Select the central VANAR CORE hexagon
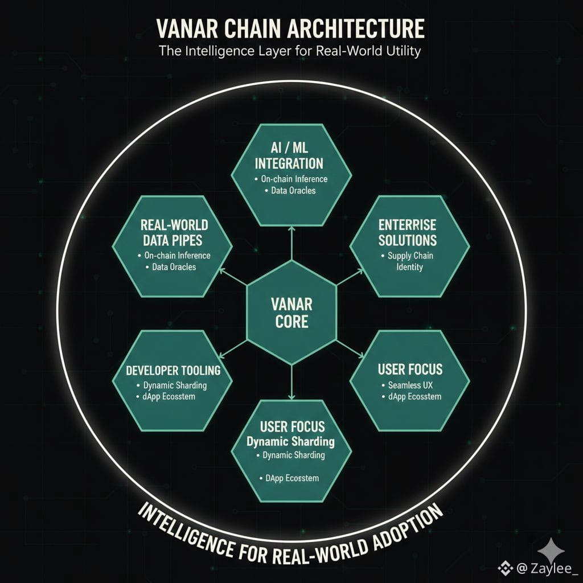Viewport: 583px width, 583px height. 291,312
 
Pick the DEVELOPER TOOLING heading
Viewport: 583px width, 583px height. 173,370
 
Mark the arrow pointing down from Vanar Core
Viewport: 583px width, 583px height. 291,381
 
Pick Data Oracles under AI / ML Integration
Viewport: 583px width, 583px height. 290,190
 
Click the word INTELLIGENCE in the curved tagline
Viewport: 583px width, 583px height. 184,527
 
